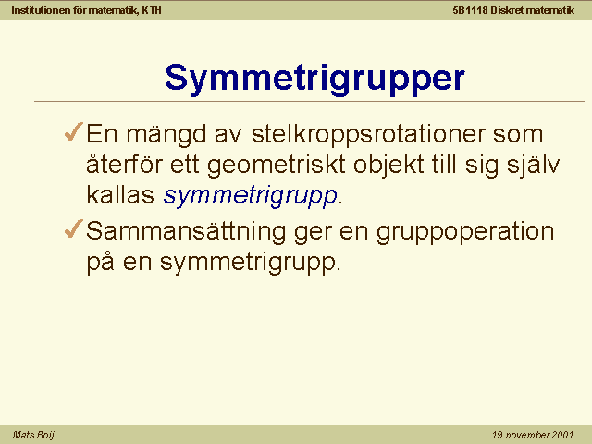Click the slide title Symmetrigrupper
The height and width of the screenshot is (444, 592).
pos(314,79)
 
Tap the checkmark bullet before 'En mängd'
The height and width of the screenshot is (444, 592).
pos(74,131)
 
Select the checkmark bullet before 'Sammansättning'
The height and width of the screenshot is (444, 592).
pos(74,228)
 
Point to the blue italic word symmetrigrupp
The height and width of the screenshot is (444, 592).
pos(250,196)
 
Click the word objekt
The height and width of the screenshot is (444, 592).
pos(388,166)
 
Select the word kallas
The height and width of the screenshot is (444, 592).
pos(120,195)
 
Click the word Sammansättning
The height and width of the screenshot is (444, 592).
pos(186,232)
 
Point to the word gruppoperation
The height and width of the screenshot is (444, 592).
pos(465,232)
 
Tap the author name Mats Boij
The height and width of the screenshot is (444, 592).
pos(33,435)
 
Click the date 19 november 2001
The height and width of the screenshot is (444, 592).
pos(533,435)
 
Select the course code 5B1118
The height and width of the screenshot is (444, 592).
pos(470,10)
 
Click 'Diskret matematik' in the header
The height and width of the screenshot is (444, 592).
pos(533,10)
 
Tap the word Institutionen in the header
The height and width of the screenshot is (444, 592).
pos(41,10)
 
